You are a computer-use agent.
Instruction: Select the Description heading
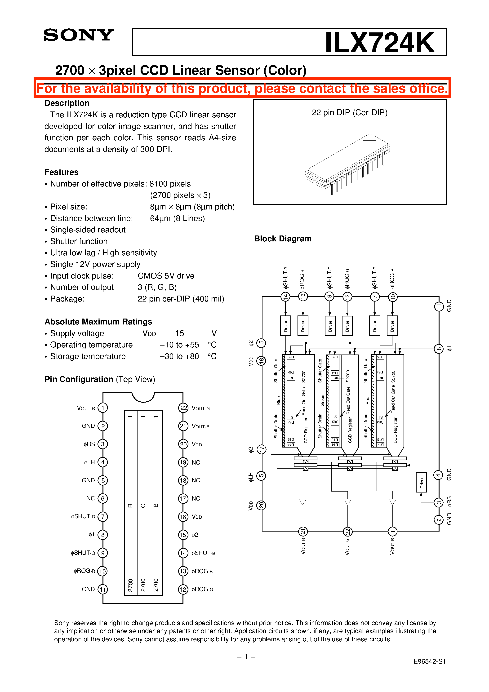pos(67,103)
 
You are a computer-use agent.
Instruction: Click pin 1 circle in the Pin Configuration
pos(103,408)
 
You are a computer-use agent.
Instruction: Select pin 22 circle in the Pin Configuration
pos(183,408)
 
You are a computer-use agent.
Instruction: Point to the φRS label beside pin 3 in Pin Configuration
pos(89,444)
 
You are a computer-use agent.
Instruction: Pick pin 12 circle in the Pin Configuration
pos(183,589)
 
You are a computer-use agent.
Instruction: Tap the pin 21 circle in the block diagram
pos(303,531)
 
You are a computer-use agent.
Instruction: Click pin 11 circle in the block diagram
pos(439,306)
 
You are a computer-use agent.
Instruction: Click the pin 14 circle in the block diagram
pos(285,297)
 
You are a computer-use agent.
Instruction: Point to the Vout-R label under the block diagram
pos(392,546)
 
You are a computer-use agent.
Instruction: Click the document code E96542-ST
pos(430,661)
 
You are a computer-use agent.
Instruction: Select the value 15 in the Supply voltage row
pos(179,333)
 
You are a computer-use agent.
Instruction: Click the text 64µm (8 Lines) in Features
pos(177,218)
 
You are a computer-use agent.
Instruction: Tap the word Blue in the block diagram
pos(278,400)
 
